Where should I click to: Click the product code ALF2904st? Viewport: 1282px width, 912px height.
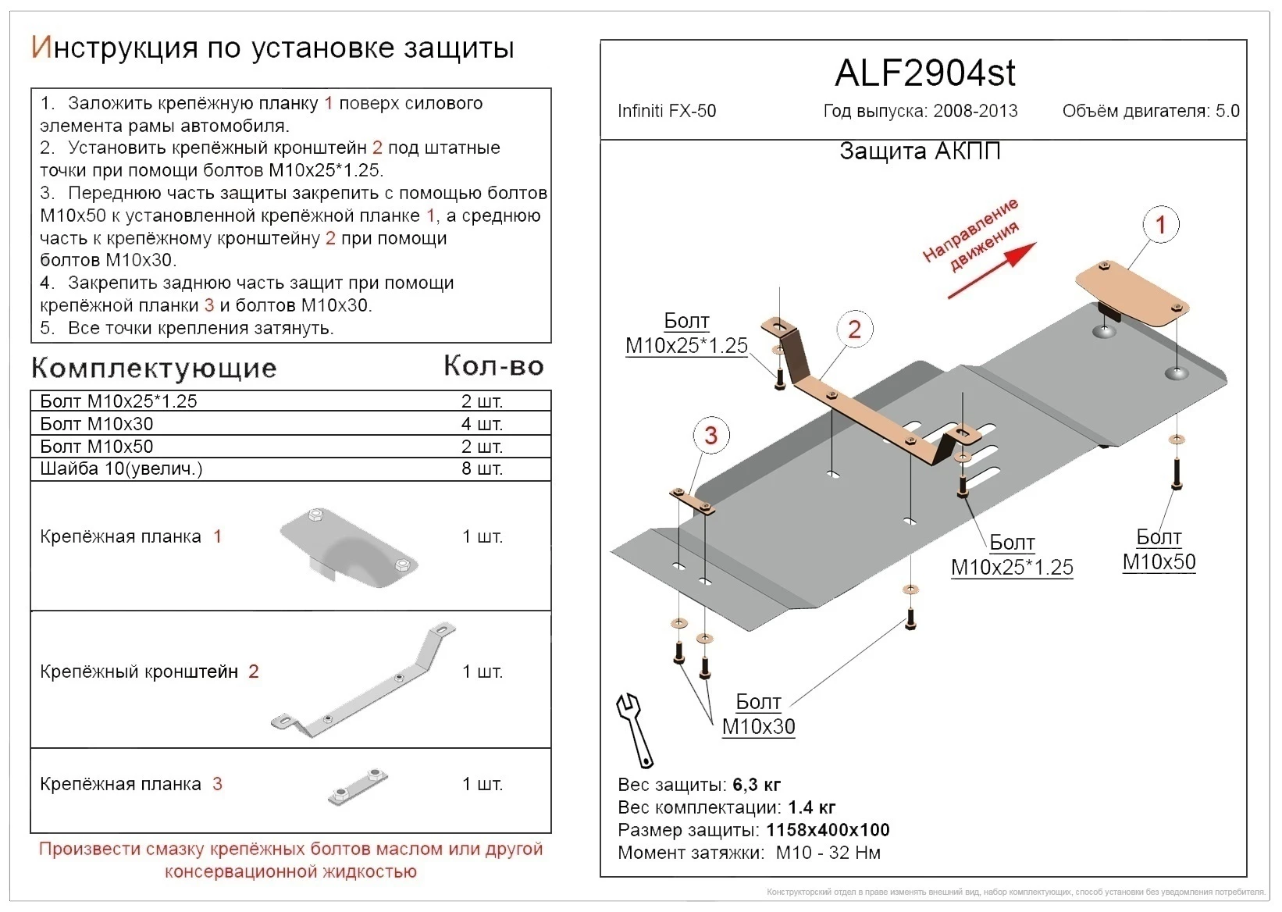[924, 73]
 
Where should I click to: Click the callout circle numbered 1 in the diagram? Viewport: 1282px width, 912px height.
[1160, 225]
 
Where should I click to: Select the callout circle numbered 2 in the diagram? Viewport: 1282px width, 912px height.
[854, 330]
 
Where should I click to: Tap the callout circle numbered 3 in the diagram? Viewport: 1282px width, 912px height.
[710, 435]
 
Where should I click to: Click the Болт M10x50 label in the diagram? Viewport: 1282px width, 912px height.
[1159, 550]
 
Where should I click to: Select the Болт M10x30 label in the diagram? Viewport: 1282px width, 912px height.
[758, 714]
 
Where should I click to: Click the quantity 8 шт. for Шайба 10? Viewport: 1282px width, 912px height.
[482, 468]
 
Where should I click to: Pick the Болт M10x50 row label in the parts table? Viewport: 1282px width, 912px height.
[97, 447]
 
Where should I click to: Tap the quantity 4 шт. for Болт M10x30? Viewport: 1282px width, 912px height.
[482, 424]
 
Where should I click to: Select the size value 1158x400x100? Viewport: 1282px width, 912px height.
[828, 830]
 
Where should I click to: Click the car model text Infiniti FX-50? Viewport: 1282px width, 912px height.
[666, 111]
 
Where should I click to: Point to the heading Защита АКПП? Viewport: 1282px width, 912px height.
[920, 151]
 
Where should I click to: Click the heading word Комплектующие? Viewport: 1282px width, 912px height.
[154, 368]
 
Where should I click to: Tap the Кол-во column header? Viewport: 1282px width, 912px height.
[493, 365]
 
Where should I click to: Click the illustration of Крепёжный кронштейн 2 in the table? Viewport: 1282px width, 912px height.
[364, 681]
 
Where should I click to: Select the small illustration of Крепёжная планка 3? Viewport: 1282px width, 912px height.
[358, 787]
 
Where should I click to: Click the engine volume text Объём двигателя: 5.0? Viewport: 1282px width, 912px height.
[1150, 111]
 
